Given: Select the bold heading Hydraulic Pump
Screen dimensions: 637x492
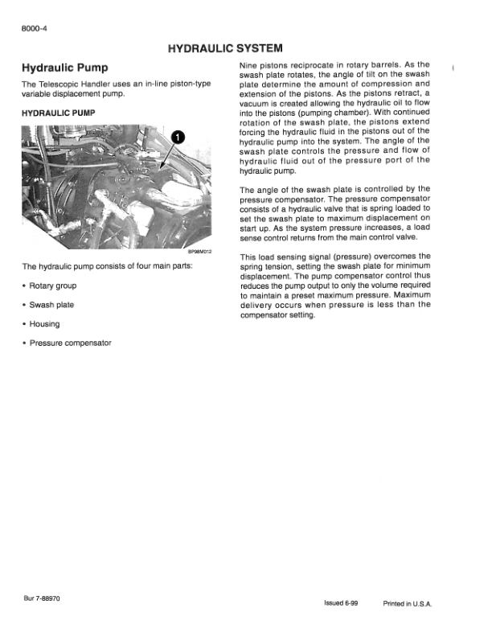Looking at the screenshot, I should pos(66,68).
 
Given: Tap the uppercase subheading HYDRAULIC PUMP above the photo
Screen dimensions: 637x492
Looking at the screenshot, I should pos(58,113).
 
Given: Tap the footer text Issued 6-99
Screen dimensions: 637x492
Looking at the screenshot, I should pos(341,603).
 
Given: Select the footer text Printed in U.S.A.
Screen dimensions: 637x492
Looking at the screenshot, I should pos(408,603).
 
